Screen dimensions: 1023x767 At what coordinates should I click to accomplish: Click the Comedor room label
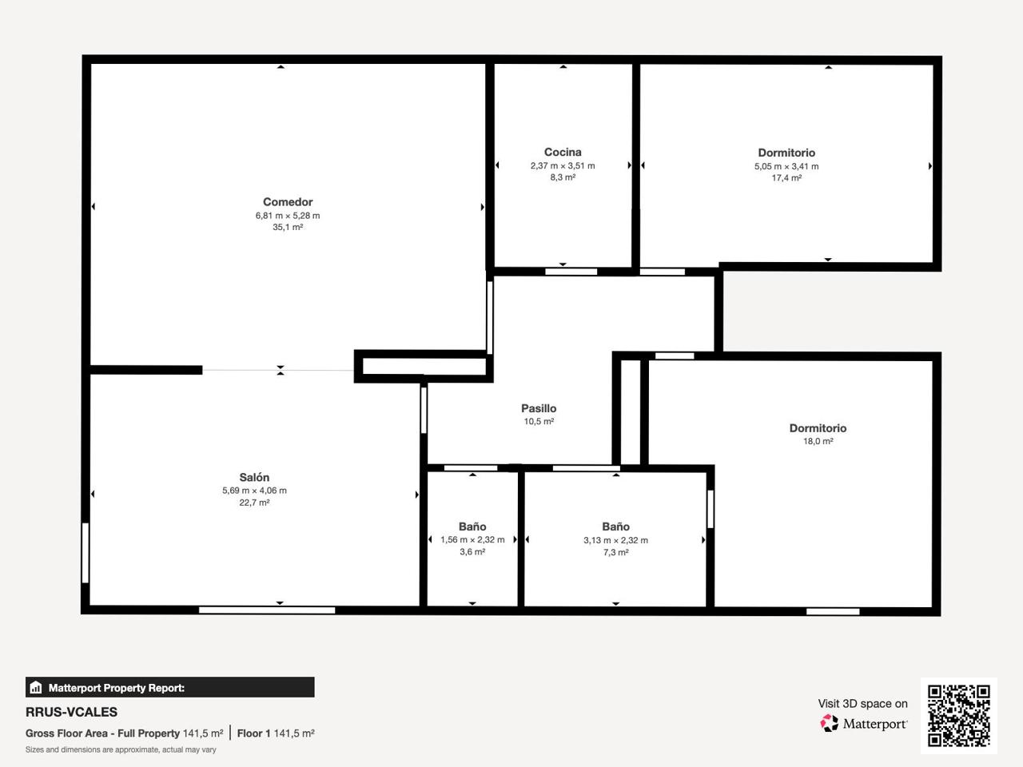(x=288, y=201)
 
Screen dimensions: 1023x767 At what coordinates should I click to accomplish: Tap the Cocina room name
(x=563, y=152)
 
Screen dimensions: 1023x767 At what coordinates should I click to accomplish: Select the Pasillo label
(x=539, y=408)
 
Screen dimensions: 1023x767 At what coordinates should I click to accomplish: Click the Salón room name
(x=254, y=477)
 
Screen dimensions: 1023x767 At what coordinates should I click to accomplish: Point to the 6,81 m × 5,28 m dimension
(x=288, y=216)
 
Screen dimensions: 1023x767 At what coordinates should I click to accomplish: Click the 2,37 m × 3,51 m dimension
(x=563, y=166)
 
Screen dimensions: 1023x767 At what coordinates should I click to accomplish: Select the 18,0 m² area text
(x=818, y=441)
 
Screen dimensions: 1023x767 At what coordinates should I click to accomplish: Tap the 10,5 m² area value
(x=539, y=422)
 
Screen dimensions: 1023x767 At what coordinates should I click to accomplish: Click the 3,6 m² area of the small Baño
(x=472, y=552)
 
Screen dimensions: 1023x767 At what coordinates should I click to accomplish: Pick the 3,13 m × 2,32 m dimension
(x=615, y=540)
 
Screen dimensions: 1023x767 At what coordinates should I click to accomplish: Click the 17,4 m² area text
(x=786, y=178)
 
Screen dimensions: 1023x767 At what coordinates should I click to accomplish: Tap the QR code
(x=959, y=716)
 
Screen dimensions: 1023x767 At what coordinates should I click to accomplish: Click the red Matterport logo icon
(x=829, y=723)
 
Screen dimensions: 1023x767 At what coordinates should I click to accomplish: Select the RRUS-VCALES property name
(x=71, y=712)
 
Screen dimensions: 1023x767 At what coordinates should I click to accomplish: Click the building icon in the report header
(x=36, y=687)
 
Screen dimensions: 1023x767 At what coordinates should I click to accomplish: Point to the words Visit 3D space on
(x=862, y=704)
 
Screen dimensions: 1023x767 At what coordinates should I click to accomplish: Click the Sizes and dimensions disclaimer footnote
(x=121, y=749)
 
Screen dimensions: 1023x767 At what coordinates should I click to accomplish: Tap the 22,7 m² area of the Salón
(x=254, y=503)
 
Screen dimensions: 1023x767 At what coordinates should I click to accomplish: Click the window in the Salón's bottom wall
(x=267, y=610)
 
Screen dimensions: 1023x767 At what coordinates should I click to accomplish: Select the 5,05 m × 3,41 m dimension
(x=786, y=166)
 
